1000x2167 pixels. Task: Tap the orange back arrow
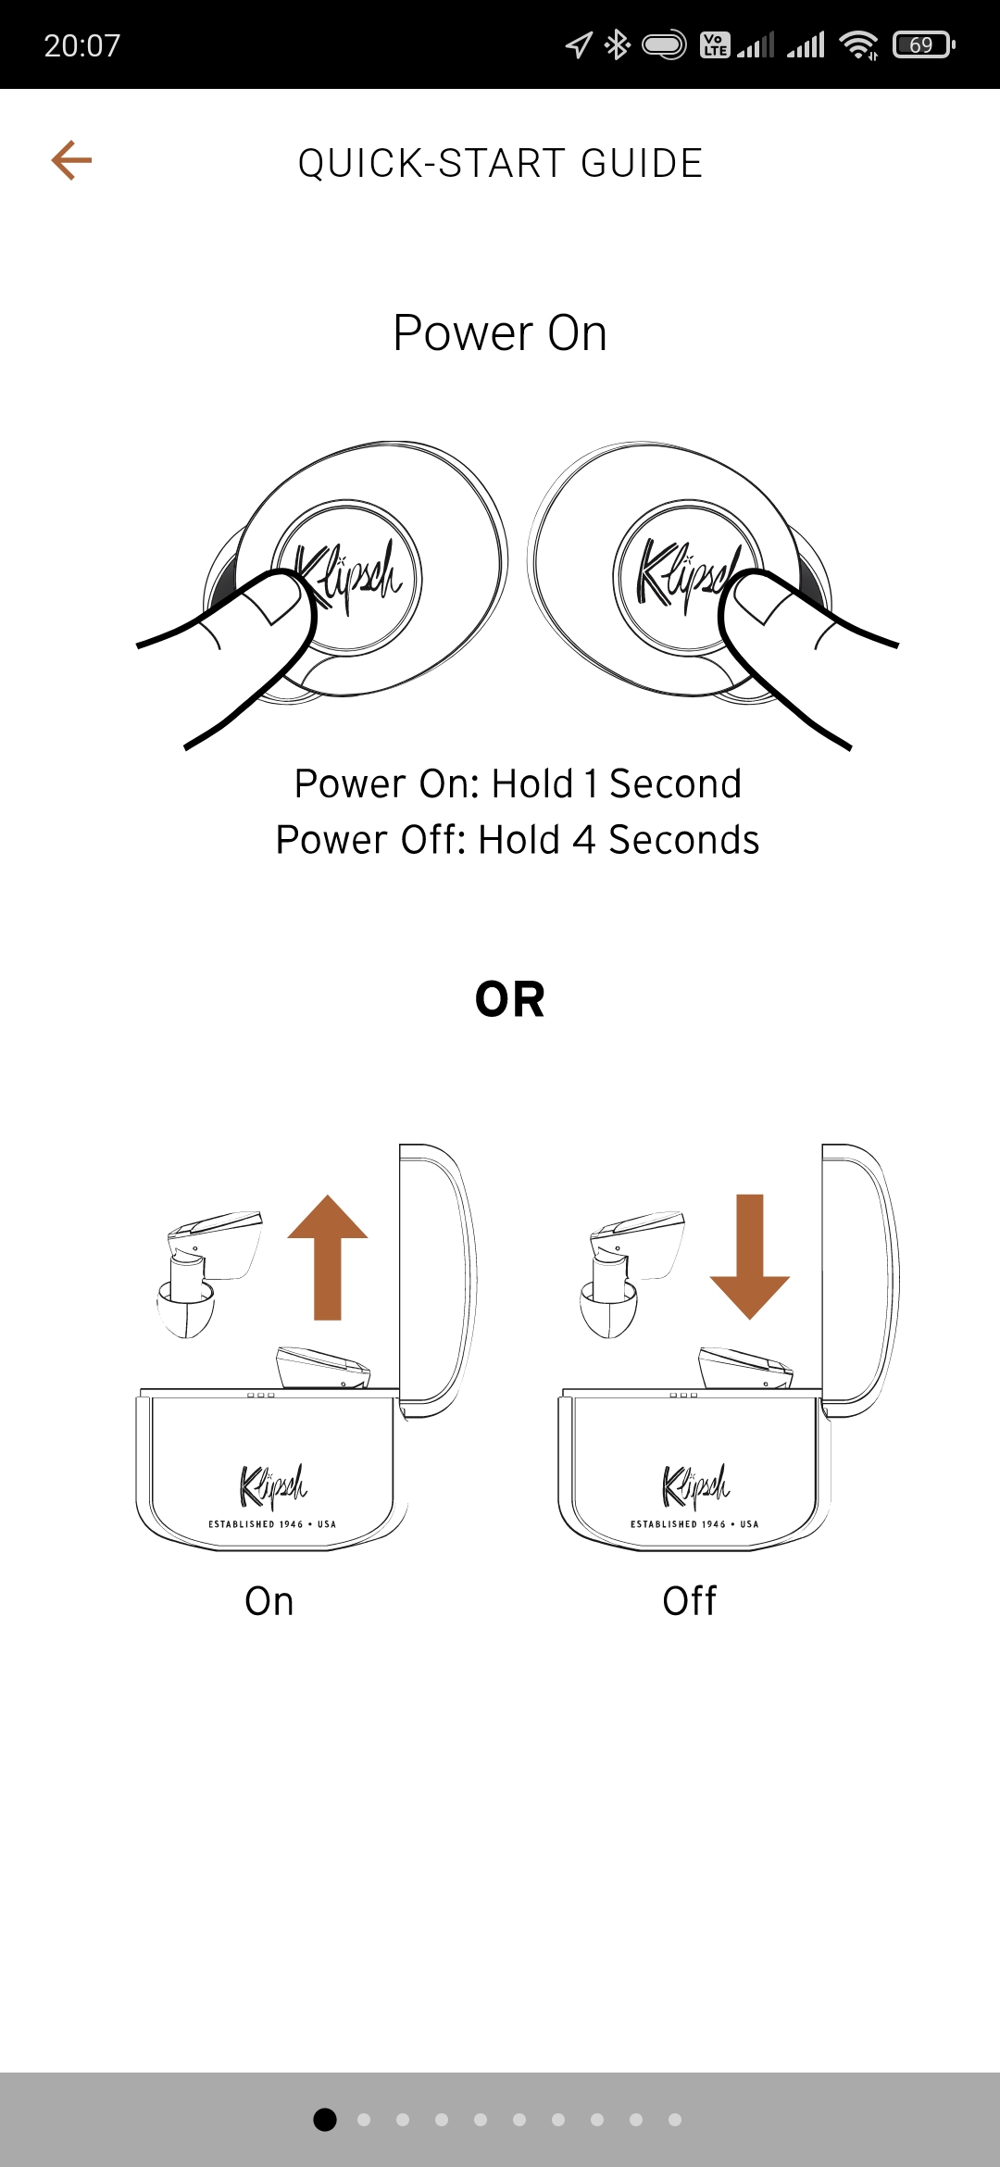click(x=71, y=160)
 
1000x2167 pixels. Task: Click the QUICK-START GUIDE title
click(x=500, y=164)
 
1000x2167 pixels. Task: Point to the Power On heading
click(x=500, y=333)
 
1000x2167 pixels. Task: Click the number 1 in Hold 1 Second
click(x=590, y=784)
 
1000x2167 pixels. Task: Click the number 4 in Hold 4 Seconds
click(x=584, y=841)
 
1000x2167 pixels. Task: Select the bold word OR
click(x=510, y=1000)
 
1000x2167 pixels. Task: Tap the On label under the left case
click(x=269, y=1601)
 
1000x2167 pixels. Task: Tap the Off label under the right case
click(x=690, y=1601)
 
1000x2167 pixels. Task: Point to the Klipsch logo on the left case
click(x=272, y=1485)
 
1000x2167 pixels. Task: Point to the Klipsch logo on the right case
click(x=695, y=1485)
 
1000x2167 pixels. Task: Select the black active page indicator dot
click(x=325, y=2120)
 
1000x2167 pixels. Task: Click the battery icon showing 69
click(x=923, y=44)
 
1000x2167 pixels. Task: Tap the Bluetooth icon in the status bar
click(x=617, y=44)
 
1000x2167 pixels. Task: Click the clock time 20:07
click(x=82, y=45)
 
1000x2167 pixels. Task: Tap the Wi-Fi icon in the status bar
click(x=858, y=44)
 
